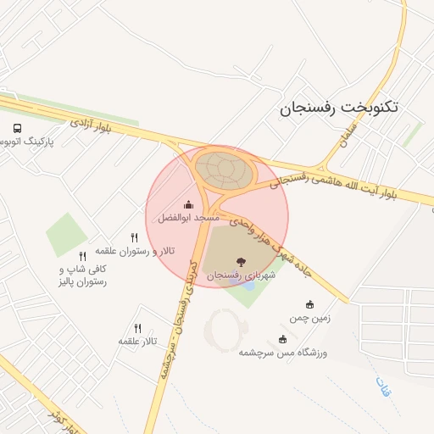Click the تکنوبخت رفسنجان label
pos(338,108)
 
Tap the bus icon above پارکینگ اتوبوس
pos(17,128)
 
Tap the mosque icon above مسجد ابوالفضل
pos(189,204)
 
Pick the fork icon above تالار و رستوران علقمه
pos(134,238)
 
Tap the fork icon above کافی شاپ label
pos(82,256)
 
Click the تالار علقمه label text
pos(140,341)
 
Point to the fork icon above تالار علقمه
pos(137,328)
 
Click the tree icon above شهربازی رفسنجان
pos(241,262)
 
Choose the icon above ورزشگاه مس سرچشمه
pos(282,339)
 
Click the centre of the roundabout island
pos(225,170)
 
